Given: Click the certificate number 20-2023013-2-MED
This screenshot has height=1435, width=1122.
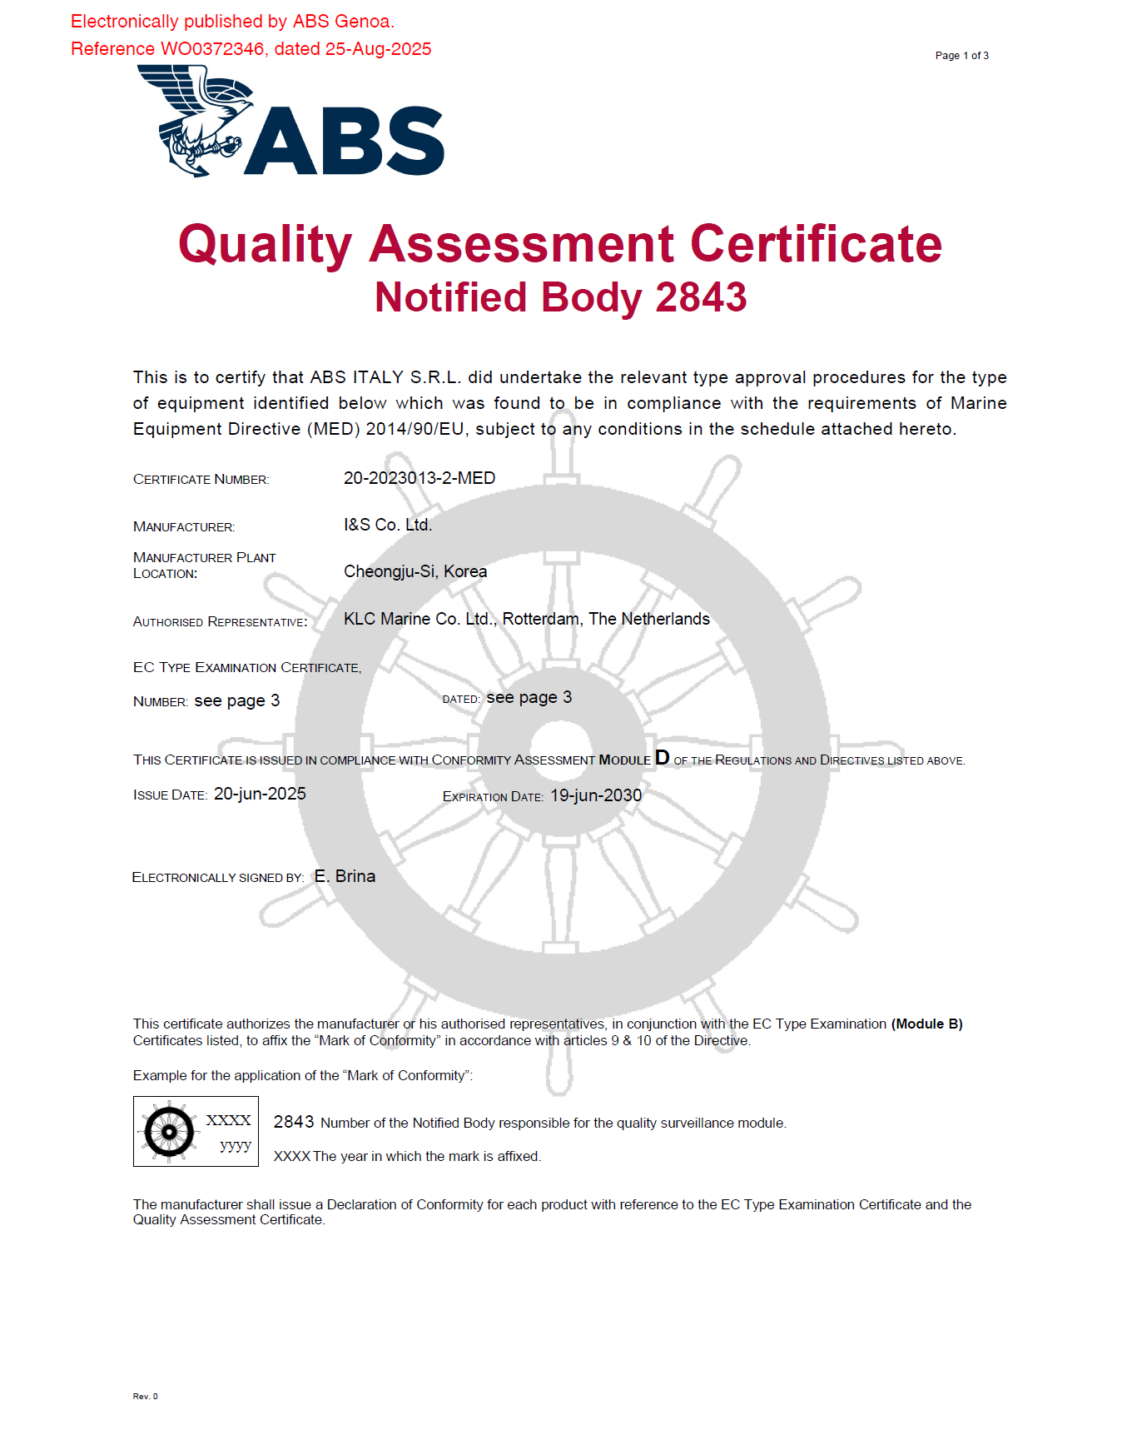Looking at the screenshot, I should pos(420,478).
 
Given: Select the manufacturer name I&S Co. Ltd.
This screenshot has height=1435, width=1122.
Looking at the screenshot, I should pos(388,525).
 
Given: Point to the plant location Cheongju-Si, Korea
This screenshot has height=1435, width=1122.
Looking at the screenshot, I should pos(415,571).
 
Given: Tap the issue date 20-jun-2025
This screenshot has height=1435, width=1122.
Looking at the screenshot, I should pos(260,794).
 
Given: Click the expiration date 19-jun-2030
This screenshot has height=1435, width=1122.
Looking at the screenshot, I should pos(596,795).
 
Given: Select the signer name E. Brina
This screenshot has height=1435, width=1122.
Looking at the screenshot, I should pos(345,876).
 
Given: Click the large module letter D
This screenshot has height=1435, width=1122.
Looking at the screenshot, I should pos(662,757).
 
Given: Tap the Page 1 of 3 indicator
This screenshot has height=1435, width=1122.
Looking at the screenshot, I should pos(961,56).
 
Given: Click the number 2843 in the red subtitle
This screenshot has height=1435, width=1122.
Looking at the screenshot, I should pos(701,297).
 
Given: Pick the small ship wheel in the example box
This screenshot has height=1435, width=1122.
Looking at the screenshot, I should pos(169,1132).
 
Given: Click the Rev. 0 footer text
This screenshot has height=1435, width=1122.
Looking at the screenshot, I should pos(145,1396).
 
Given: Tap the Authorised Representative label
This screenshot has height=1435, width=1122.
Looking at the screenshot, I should pos(220,622).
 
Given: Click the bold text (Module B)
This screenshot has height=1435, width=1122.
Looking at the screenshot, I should pos(926,1024).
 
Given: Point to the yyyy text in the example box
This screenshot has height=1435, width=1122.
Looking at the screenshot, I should pos(236,1145).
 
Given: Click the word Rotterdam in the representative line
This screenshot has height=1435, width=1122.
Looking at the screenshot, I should pos(541,619).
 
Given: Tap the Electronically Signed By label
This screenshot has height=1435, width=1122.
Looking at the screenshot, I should pos(218,878).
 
